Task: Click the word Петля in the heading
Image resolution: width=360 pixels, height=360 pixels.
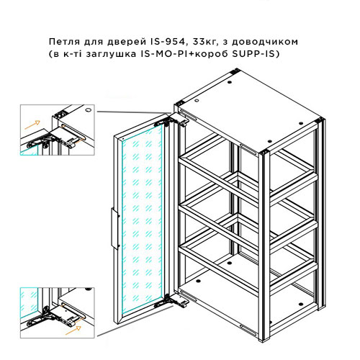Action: (64, 42)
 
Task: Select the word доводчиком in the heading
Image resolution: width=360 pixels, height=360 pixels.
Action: (265, 42)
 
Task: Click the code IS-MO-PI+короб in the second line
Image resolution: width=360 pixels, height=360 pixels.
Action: (185, 54)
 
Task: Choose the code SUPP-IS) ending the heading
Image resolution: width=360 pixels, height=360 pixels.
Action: (256, 54)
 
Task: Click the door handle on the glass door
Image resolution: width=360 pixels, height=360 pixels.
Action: (115, 229)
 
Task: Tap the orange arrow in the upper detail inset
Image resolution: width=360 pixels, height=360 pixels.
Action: (32, 125)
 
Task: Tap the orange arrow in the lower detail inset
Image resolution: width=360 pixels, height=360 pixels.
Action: (73, 330)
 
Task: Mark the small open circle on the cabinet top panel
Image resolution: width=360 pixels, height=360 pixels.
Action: (197, 100)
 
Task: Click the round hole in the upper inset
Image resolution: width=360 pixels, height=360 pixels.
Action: (89, 110)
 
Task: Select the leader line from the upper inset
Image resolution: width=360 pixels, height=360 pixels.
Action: (134, 112)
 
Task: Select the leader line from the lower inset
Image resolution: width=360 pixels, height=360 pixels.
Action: (135, 321)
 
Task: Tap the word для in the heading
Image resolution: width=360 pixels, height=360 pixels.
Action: (94, 42)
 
